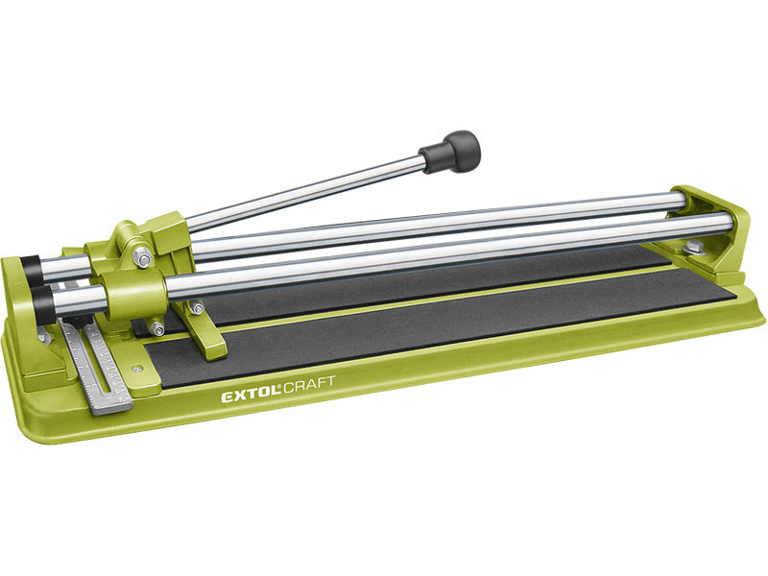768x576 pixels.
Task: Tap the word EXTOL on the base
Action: [249, 394]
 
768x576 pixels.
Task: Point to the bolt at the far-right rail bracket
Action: [693, 249]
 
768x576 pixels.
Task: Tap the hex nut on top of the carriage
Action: [142, 256]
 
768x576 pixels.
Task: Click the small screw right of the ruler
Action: [137, 367]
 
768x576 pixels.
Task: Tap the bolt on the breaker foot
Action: [197, 308]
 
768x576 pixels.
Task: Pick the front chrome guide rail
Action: [432, 252]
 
